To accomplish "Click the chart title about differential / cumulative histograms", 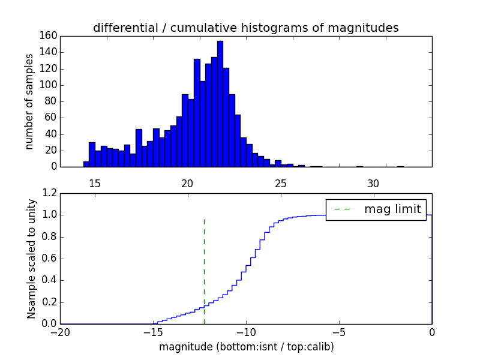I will tap(245, 28).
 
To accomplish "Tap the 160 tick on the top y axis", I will tap(49, 35).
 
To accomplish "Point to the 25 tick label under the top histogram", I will tap(280, 183).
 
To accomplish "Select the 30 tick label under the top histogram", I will tap(373, 183).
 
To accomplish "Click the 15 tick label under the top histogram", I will tap(94, 183).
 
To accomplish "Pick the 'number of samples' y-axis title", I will tap(29, 101).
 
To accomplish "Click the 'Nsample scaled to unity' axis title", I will tap(31, 258).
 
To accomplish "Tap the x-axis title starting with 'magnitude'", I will tap(246, 347).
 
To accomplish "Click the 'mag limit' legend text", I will tap(392, 209).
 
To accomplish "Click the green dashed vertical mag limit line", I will tap(204, 270).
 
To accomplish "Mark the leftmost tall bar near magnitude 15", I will tap(92, 154).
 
